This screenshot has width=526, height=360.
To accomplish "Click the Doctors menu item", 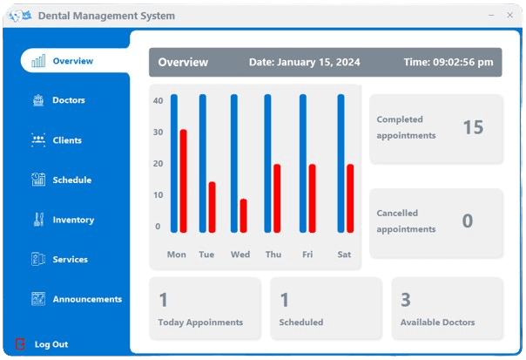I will [x=68, y=100].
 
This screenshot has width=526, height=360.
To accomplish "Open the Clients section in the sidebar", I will [x=66, y=140].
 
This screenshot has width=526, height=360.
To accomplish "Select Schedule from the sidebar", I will [x=71, y=180].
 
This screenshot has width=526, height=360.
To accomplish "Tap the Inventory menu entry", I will [x=72, y=220].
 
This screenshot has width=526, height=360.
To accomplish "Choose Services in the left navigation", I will [x=69, y=260].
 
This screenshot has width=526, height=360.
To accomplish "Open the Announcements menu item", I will [x=86, y=299].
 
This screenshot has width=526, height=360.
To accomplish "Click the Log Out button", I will [x=51, y=344].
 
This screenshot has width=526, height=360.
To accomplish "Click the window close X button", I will [x=510, y=15].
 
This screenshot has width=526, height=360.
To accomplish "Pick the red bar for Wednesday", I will [x=244, y=215].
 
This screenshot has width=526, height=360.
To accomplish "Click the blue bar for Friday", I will [x=303, y=163].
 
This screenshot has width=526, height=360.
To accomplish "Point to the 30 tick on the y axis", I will [x=158, y=132].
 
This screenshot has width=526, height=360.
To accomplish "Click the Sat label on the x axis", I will [x=344, y=255].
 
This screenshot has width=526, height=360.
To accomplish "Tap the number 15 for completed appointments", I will [x=473, y=127].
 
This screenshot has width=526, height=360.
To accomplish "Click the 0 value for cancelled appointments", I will [x=468, y=221].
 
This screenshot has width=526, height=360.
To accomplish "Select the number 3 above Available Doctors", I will [x=406, y=301].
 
